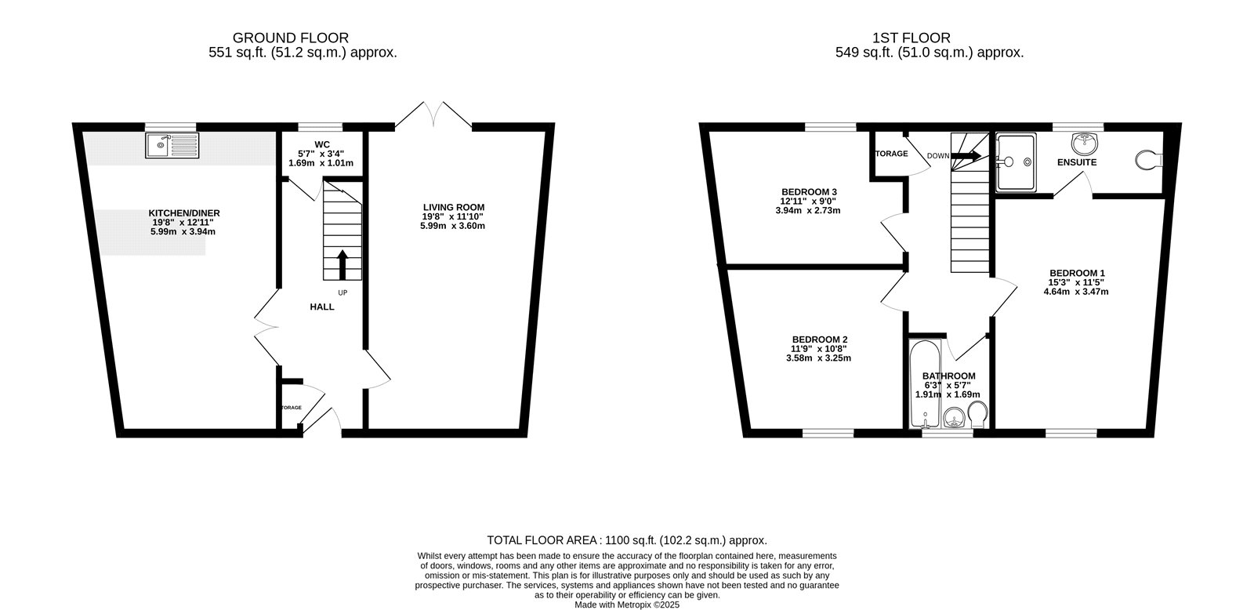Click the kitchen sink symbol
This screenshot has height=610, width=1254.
click(172, 146)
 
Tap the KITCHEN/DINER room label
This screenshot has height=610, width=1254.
click(184, 213)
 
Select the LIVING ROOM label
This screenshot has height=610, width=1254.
click(454, 207)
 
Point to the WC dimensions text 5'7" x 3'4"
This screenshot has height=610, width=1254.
click(321, 154)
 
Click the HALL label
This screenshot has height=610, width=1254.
click(322, 307)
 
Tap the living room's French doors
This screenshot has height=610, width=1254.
click(433, 114)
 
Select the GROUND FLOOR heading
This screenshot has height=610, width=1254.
click(291, 38)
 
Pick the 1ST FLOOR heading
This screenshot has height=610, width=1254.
click(912, 38)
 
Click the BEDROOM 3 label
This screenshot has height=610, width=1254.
click(809, 192)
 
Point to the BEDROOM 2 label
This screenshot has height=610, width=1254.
click(820, 339)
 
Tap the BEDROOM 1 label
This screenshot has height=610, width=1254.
click(1077, 274)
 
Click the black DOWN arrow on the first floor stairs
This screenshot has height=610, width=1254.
click(966, 156)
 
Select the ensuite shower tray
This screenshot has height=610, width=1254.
click(1016, 162)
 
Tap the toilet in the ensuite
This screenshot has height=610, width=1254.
click(1149, 160)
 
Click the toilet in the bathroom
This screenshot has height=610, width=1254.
click(977, 414)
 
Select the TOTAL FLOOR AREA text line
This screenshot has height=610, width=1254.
click(627, 540)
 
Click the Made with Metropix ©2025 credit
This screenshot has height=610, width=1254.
click(627, 605)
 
